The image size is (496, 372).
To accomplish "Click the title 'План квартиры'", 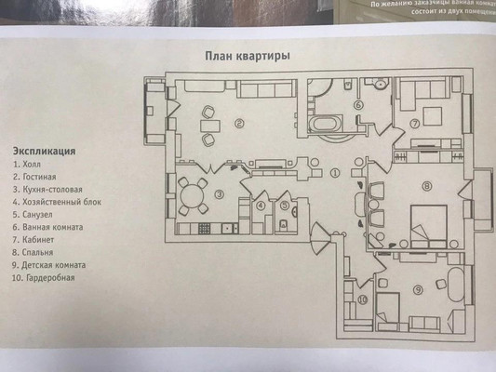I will [247, 56].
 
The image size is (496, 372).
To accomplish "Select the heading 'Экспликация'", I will [44, 150].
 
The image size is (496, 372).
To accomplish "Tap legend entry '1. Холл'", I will [29, 163].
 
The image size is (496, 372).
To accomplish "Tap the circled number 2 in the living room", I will [239, 123].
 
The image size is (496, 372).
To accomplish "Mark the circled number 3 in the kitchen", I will [218, 194].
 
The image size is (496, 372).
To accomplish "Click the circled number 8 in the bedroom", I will [427, 186].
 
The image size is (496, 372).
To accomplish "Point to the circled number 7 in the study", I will [415, 123].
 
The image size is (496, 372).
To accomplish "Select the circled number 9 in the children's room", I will [419, 289].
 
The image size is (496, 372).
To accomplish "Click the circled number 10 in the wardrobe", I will [363, 299].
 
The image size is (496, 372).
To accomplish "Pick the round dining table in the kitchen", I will [194, 196].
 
